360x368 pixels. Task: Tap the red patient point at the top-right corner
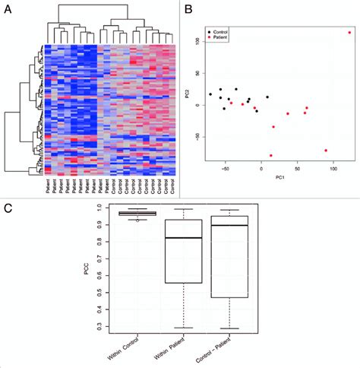tap(349, 33)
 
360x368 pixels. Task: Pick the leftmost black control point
tap(210, 94)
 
